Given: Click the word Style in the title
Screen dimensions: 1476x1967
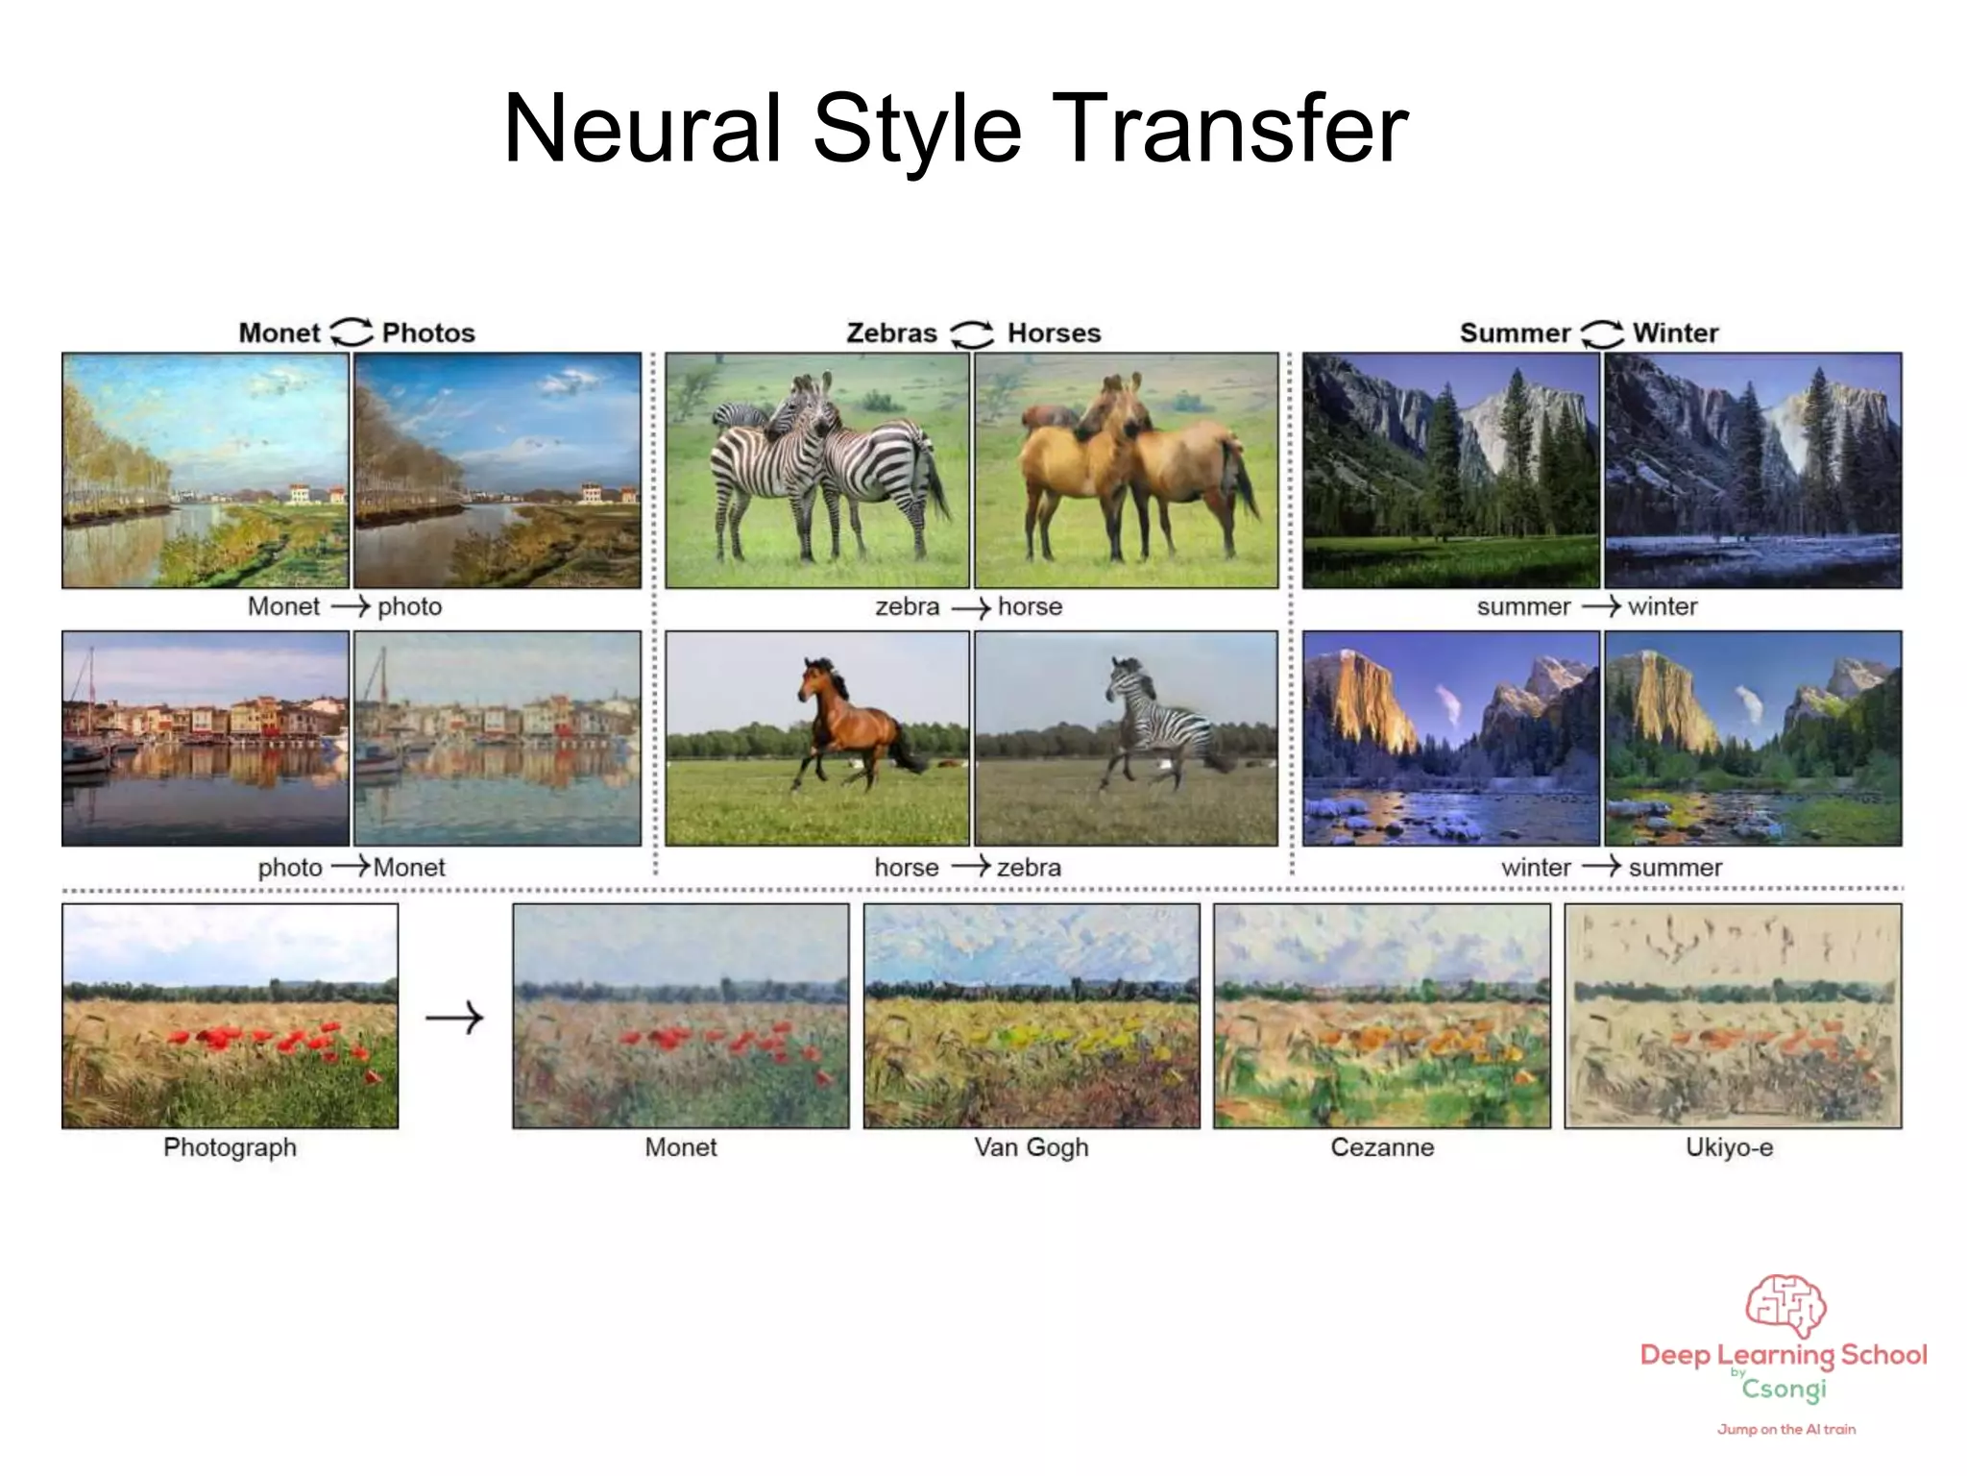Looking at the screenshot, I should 916,129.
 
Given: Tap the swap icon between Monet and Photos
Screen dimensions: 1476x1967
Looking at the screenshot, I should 351,332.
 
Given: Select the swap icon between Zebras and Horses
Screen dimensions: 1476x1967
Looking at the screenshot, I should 972,333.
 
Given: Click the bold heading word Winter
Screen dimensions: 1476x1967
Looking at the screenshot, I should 1675,332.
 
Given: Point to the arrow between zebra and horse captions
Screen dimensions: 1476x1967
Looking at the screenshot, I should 970,607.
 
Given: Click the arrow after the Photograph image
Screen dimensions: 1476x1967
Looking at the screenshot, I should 454,1018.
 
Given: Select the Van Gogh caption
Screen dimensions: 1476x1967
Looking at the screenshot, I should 1031,1147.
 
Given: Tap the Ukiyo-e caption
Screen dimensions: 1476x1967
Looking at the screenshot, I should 1729,1147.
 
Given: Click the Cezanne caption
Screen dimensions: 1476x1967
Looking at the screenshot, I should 1381,1147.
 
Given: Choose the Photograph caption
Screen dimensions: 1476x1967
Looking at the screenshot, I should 230,1147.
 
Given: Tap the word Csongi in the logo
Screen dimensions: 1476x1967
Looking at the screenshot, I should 1784,1390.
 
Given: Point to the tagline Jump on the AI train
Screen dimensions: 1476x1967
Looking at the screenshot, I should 1785,1430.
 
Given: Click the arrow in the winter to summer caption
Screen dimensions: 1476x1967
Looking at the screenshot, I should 1600,868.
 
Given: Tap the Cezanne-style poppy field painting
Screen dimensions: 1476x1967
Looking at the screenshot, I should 1381,1016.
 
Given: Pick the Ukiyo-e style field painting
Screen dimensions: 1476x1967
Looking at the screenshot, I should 1732,1016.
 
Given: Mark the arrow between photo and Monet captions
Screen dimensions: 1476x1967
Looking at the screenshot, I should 350,868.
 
